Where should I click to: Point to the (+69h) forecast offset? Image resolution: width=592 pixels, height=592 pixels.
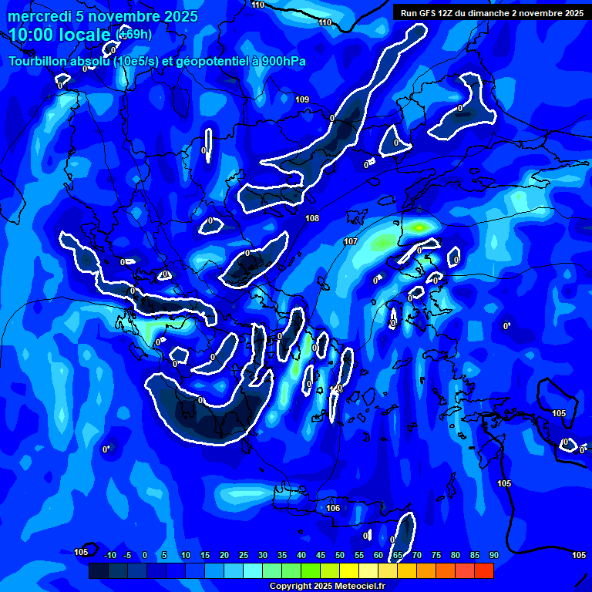pos(134,35)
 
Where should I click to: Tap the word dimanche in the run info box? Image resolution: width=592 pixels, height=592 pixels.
pos(496,13)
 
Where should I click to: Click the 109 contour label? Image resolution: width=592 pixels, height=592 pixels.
pos(302,99)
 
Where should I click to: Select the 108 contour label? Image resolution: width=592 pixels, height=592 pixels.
pos(312,219)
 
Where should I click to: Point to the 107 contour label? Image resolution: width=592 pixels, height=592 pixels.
pos(351,242)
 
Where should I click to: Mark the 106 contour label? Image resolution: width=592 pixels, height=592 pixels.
pos(333,509)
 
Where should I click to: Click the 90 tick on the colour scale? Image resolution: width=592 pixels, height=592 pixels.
pos(494,555)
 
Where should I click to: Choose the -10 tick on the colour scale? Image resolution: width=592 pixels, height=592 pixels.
pos(109,555)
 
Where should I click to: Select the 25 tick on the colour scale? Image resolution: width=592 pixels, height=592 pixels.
pos(244,555)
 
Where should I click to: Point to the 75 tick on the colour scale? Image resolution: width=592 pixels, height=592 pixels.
pos(436,555)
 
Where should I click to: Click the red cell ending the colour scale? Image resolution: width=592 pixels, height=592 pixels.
pos(484,570)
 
